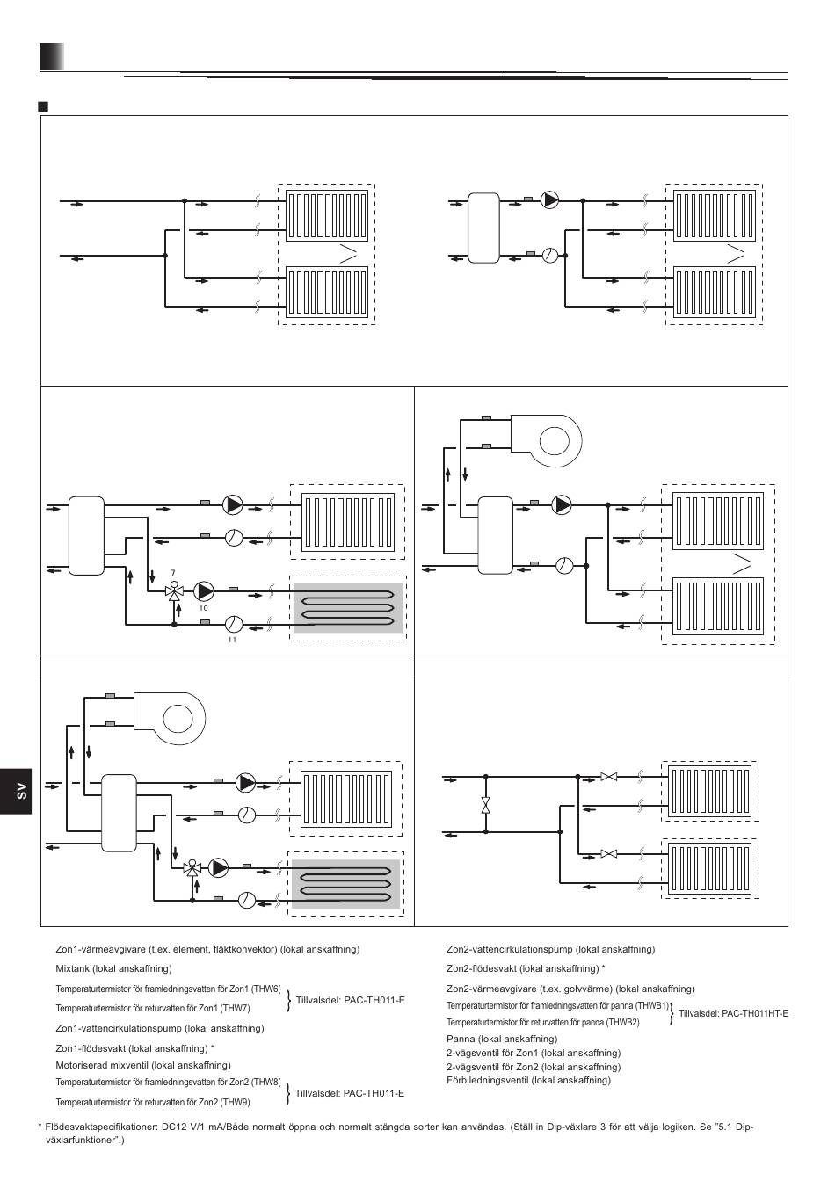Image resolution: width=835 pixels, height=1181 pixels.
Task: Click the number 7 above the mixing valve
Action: pyautogui.click(x=172, y=573)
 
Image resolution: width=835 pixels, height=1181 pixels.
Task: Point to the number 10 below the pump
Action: pyautogui.click(x=204, y=608)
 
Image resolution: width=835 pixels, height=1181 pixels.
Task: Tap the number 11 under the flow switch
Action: pyautogui.click(x=232, y=640)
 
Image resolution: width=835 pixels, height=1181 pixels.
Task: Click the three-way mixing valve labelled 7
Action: pyautogui.click(x=173, y=591)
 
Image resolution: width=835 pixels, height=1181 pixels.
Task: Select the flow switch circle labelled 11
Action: pyautogui.click(x=233, y=624)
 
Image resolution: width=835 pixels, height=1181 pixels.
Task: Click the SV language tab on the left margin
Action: pyautogui.click(x=16, y=791)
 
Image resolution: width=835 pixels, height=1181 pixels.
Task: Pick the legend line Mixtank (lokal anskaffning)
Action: pyautogui.click(x=114, y=968)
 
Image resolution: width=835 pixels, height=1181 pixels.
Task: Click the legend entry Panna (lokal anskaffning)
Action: pyautogui.click(x=502, y=1039)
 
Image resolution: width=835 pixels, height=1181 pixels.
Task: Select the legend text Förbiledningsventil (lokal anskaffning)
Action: pyautogui.click(x=528, y=1080)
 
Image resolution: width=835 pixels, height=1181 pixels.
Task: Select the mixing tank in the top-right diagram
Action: pyautogui.click(x=483, y=228)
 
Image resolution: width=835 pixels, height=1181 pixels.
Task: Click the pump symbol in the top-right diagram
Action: pyautogui.click(x=550, y=199)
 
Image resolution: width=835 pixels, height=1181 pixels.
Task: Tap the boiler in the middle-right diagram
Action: pyautogui.click(x=546, y=441)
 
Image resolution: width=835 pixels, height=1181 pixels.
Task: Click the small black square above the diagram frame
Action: pyautogui.click(x=43, y=106)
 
